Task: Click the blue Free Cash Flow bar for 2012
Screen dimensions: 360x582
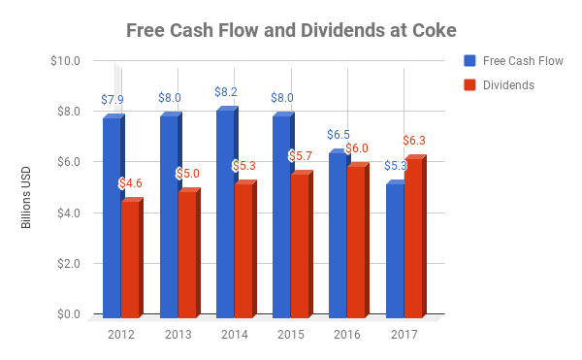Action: click(112, 218)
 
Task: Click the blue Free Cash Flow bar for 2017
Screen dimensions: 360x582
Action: click(395, 250)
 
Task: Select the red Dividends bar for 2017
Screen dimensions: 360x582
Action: click(413, 238)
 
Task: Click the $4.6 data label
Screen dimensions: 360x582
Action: click(130, 183)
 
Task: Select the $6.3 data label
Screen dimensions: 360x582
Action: click(414, 142)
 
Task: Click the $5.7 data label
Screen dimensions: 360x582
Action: click(300, 156)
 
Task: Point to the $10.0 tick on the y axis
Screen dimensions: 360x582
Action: click(64, 60)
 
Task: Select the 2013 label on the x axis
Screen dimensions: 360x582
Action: click(178, 335)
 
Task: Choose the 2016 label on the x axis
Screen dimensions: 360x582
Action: click(348, 335)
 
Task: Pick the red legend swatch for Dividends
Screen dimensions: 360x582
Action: click(469, 85)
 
